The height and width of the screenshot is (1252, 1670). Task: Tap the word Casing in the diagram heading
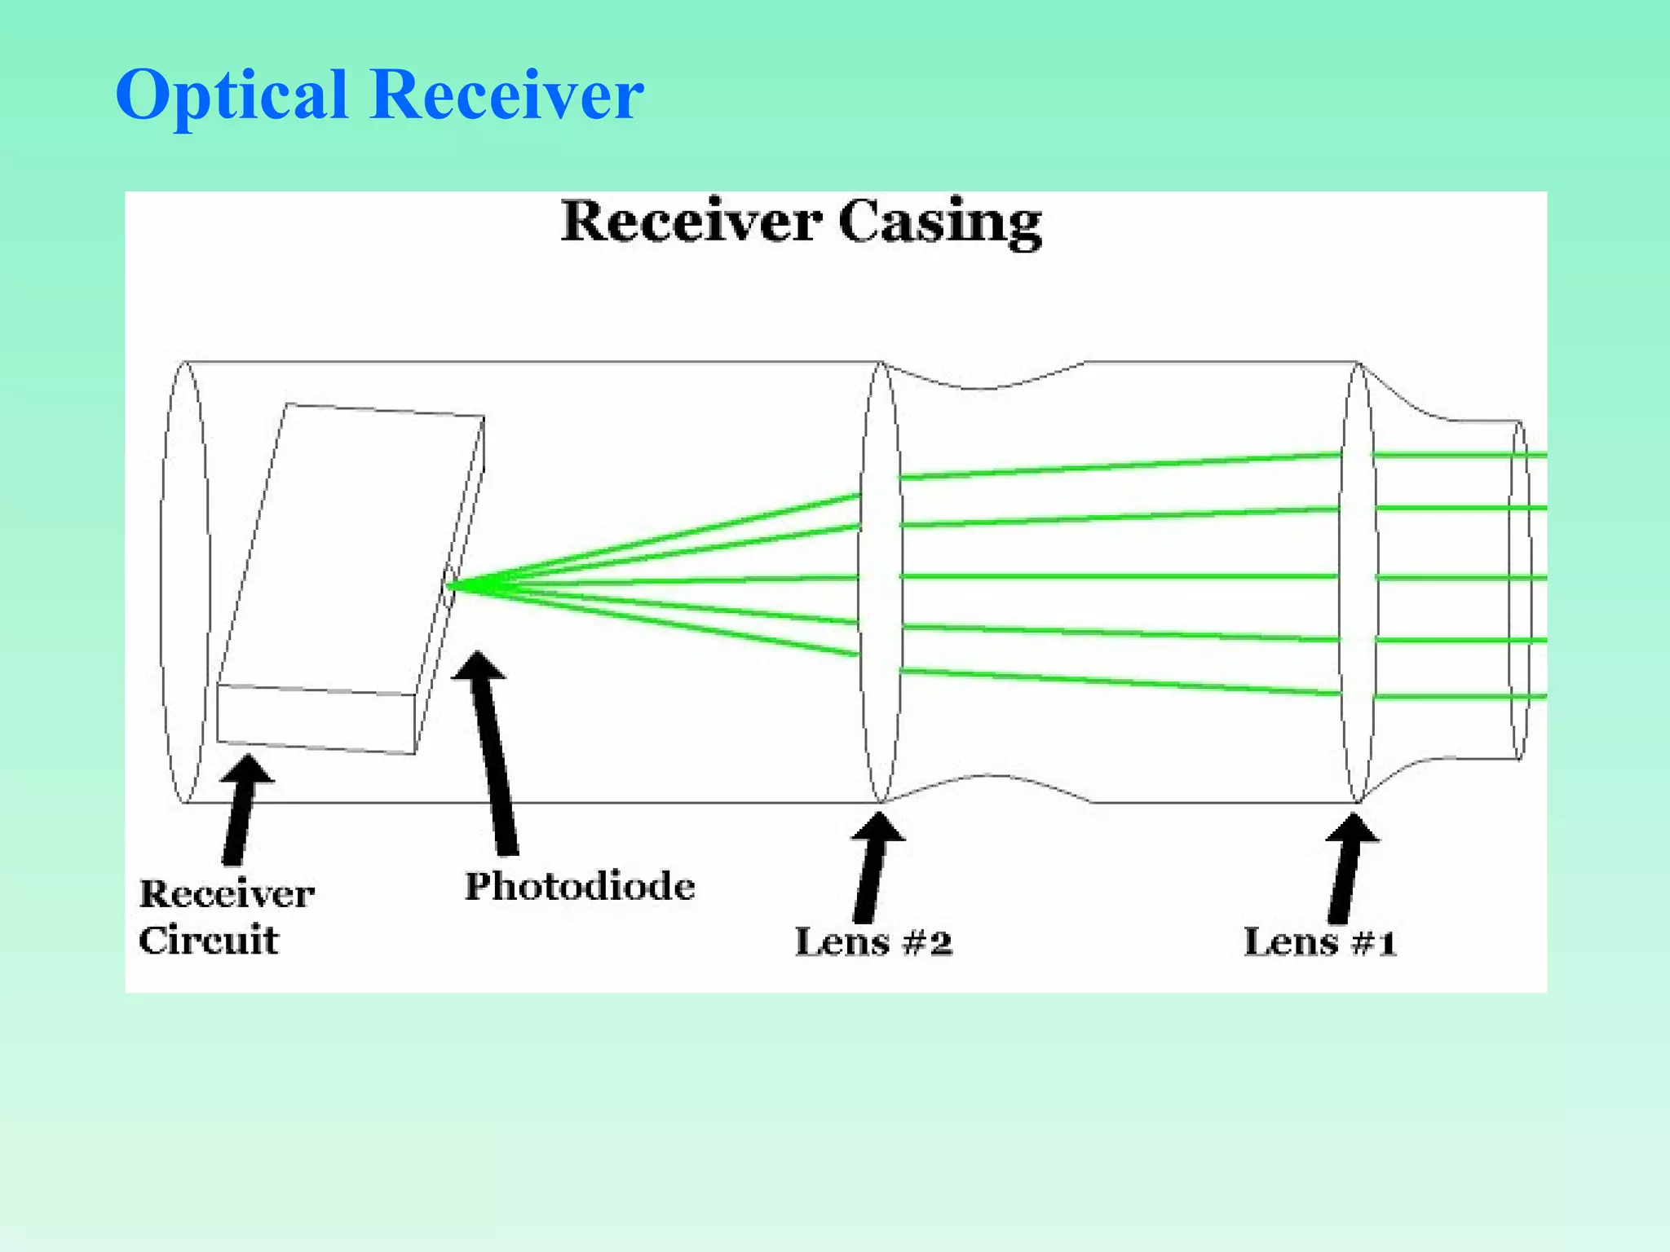(939, 223)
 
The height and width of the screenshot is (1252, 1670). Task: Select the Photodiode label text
(580, 886)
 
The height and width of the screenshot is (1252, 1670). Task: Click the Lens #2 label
(873, 942)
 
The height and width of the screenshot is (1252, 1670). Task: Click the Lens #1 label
(1319, 942)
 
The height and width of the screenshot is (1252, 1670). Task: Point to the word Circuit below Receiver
(209, 940)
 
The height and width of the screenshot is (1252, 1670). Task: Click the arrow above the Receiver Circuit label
(241, 811)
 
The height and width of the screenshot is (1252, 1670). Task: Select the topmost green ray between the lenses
(1117, 466)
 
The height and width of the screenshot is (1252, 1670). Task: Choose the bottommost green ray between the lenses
(1117, 681)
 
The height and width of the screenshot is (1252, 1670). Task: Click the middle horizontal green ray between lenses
(1117, 576)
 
